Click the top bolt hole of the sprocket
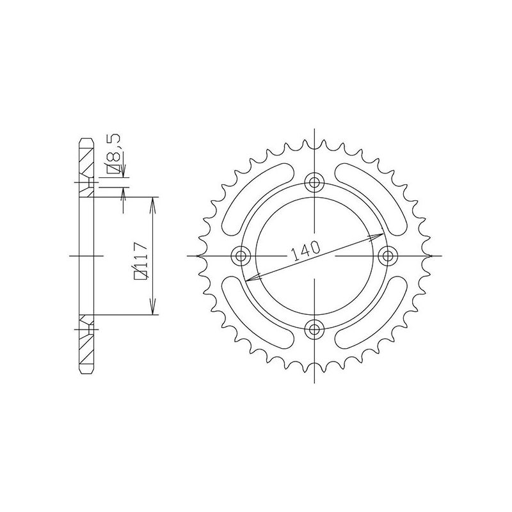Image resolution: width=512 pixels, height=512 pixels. (x=314, y=183)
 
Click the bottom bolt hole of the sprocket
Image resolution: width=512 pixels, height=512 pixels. (x=314, y=329)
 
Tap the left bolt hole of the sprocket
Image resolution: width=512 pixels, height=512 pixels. (x=241, y=256)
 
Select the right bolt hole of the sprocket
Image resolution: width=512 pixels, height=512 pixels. (x=387, y=256)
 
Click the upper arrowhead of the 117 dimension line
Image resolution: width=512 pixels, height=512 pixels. (x=152, y=201)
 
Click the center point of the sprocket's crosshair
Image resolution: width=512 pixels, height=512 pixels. (x=314, y=256)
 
